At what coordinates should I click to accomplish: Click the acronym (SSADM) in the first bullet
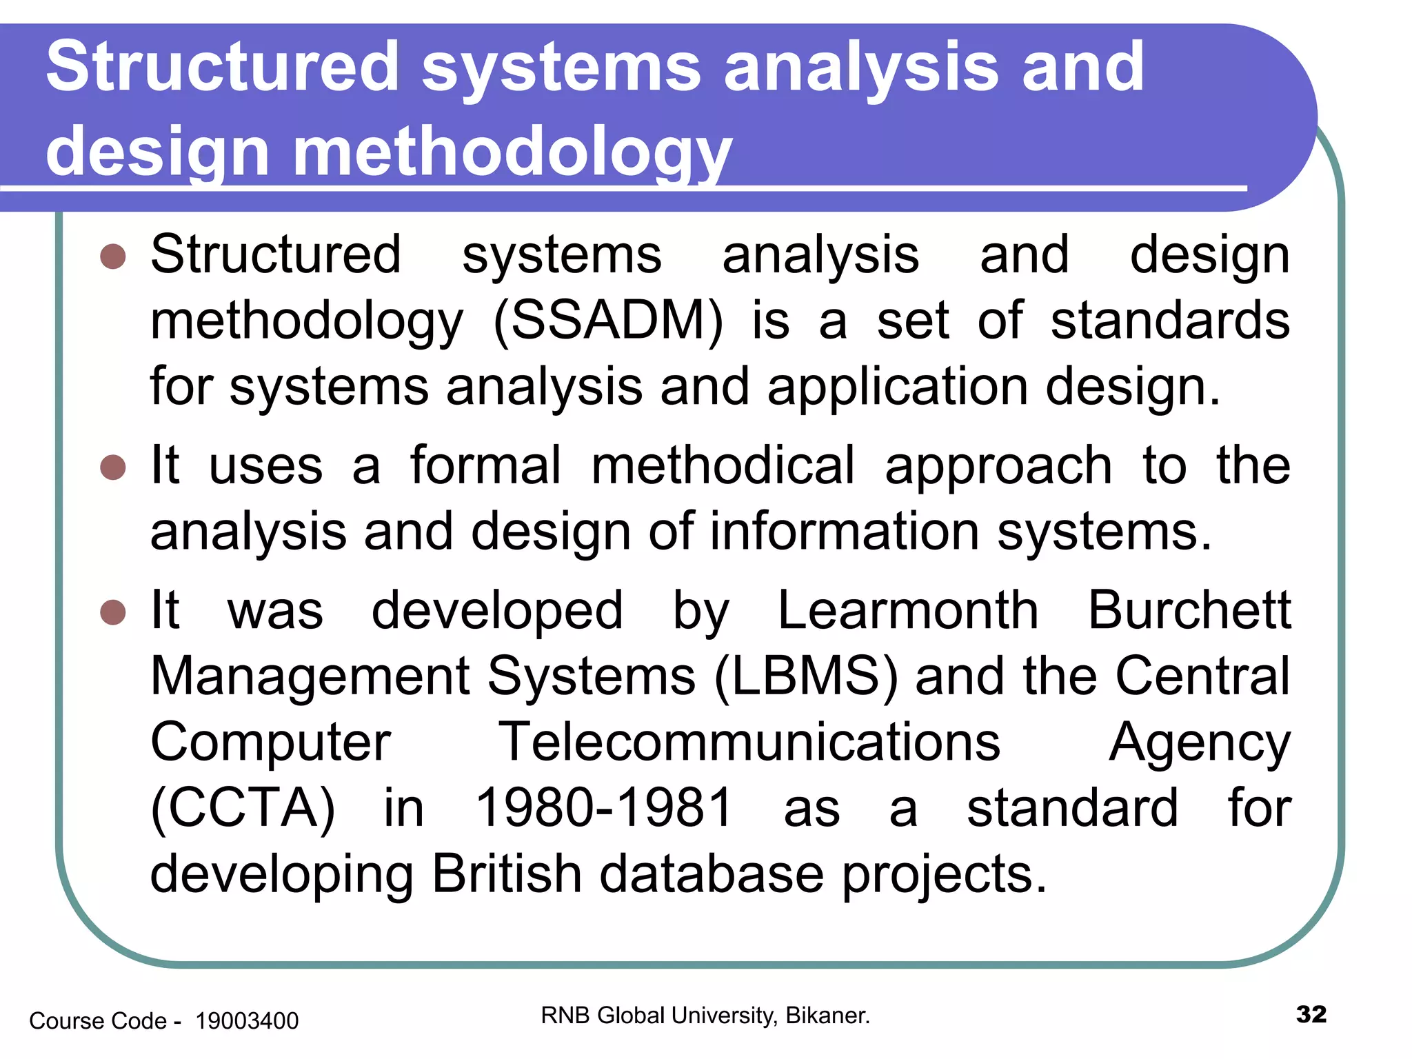(608, 321)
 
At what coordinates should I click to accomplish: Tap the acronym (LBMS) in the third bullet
(806, 676)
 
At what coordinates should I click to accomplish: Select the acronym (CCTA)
(243, 808)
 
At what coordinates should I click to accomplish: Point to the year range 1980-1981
(604, 808)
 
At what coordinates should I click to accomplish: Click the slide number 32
(1311, 1014)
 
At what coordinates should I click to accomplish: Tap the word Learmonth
(907, 611)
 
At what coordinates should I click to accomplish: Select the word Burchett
(1189, 611)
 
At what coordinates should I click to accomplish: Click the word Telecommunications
(749, 743)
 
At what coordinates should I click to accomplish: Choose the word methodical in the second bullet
(723, 466)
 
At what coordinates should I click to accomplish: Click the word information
(845, 532)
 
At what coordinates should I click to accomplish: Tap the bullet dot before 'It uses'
(113, 467)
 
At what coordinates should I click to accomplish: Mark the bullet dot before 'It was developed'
(113, 612)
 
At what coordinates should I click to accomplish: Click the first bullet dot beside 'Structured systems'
(113, 256)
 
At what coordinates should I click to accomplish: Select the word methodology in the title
(512, 152)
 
